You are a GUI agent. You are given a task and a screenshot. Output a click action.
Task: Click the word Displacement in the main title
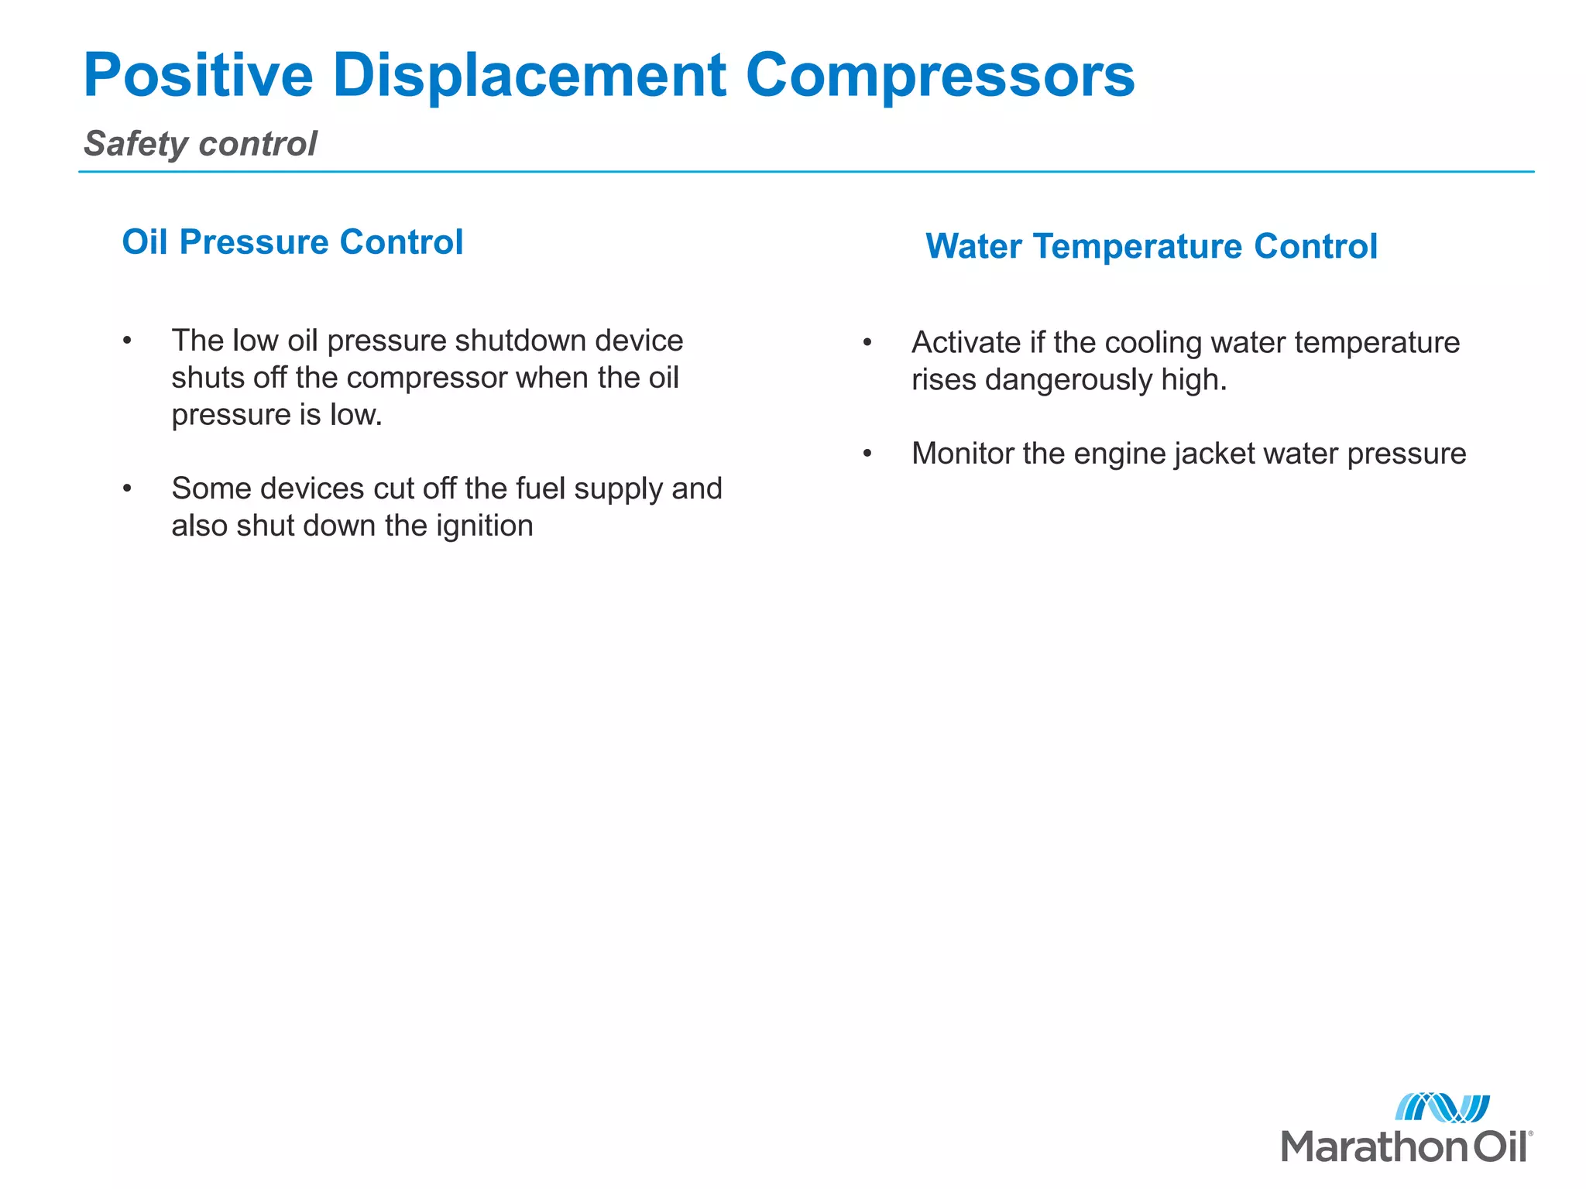[529, 76]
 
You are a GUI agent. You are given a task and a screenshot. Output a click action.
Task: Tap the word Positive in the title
[197, 76]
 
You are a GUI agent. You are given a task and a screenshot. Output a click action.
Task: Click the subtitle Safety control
[200, 144]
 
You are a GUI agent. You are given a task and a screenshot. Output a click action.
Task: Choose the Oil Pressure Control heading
[293, 242]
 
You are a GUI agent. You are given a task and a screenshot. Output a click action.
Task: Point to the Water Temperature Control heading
[1151, 247]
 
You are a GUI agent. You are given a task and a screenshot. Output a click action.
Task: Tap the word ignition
[484, 526]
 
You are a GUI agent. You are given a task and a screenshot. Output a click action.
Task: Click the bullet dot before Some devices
[127, 489]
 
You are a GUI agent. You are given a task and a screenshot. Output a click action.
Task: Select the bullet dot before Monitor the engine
[867, 454]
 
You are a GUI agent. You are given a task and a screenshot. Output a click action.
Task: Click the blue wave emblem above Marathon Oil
[1442, 1108]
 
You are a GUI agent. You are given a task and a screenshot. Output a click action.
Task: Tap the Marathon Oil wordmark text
[1406, 1146]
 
